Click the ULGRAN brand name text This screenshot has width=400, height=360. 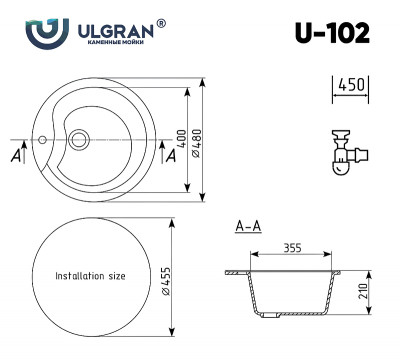click(117, 30)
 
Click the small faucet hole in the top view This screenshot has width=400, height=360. click(43, 137)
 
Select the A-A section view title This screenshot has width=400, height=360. click(248, 227)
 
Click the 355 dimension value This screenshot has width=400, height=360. click(293, 247)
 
